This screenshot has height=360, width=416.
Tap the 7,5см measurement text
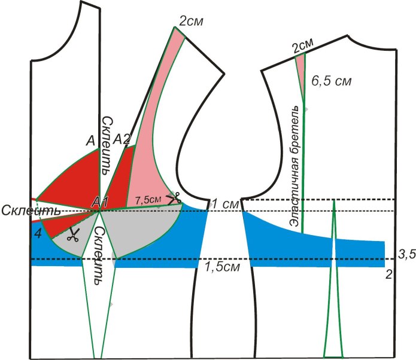(x=148, y=199)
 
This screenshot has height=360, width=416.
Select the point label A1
(x=99, y=204)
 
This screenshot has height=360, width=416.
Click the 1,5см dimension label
(x=218, y=267)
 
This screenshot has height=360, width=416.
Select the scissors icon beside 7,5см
(x=173, y=197)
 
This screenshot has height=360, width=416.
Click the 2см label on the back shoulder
(x=303, y=45)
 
